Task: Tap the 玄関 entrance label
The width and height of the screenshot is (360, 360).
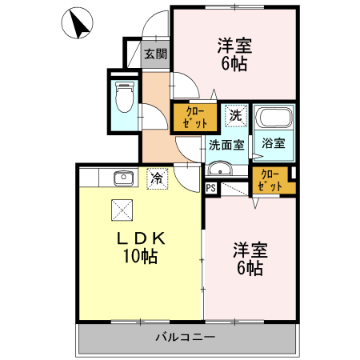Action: [x=155, y=54]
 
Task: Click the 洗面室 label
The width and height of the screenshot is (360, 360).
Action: [x=227, y=145]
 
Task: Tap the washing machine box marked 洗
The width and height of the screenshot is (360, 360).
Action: [x=235, y=115]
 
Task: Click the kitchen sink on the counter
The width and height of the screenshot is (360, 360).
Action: [x=122, y=178]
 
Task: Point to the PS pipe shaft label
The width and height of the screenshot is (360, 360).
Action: [x=210, y=189]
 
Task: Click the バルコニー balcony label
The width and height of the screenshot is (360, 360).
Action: [x=185, y=338]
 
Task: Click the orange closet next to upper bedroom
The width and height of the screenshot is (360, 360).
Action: [x=195, y=118]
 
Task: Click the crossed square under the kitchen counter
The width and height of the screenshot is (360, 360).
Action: [x=121, y=210]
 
